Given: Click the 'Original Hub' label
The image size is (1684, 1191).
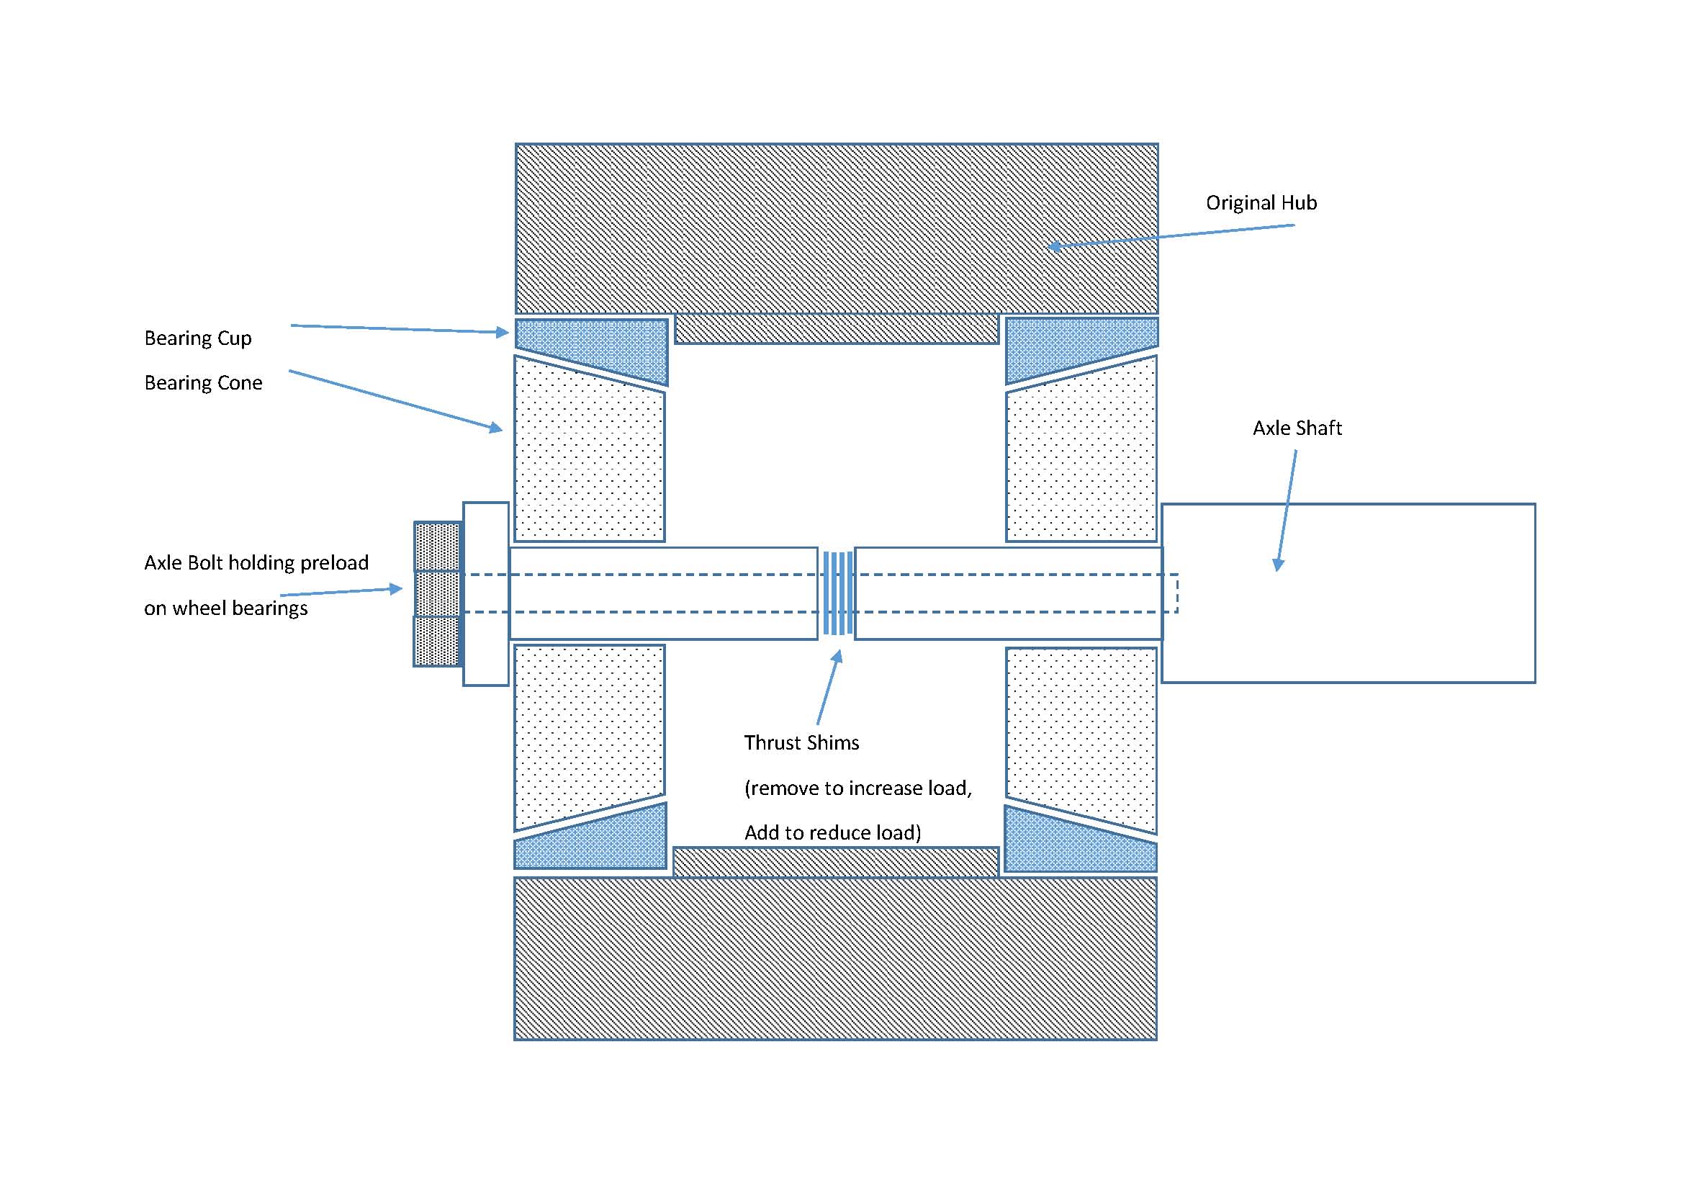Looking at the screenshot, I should point(1261,203).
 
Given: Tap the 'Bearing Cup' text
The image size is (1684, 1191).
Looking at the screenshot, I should point(198,338).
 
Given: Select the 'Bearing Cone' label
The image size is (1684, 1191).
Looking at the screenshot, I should point(203,383).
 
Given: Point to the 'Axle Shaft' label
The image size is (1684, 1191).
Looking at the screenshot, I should point(1297,428).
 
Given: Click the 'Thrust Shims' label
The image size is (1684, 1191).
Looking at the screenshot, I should point(801,743).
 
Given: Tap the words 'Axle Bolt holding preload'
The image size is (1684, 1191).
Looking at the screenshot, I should point(256,563).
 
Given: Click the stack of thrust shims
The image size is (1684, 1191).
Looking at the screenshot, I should point(837,593).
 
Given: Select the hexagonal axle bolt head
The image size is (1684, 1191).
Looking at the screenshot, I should point(437,594).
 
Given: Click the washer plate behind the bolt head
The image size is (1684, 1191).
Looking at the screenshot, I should point(485,594).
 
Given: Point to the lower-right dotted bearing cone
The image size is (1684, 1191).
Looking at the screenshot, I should point(1081,733).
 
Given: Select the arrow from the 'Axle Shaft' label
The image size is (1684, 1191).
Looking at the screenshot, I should point(1287,511).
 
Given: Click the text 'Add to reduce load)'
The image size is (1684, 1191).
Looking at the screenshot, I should point(832,833).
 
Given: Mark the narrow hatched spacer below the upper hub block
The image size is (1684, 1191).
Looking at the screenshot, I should point(836,329).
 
